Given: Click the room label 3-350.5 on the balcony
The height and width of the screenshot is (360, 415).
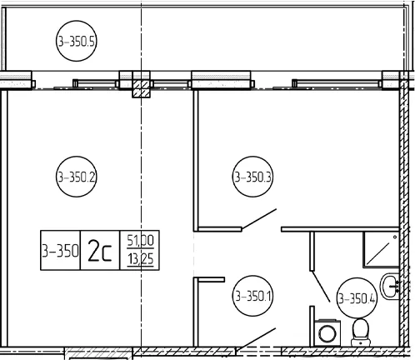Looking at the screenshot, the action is click(77, 41).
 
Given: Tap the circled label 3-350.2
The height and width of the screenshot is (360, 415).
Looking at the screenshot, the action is click(77, 177).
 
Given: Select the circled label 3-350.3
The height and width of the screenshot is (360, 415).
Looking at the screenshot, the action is click(252, 177).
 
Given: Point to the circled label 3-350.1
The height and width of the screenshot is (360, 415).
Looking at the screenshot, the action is click(252, 296).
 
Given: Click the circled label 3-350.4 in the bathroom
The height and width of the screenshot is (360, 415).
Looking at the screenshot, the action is click(357, 298).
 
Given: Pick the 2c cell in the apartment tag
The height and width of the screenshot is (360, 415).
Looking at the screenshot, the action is click(100, 250).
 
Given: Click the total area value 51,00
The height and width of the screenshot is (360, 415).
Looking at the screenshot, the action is click(140, 240).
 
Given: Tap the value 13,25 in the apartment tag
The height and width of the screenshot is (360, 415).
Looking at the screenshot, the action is click(140, 259).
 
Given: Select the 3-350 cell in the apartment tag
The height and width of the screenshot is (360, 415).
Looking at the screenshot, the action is click(60, 250).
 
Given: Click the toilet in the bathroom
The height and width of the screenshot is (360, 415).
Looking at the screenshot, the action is click(361, 332).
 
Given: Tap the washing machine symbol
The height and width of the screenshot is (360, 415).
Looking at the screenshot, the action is click(327, 332).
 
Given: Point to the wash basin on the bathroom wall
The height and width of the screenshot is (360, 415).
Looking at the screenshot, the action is click(390, 286).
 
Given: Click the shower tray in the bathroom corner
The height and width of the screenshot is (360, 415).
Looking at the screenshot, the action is click(381, 249).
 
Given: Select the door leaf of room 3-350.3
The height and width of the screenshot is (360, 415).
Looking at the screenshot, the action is click(259, 219).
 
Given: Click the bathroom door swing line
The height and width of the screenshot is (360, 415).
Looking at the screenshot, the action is click(321, 286).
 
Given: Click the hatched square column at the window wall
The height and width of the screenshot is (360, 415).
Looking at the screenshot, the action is click(141, 88).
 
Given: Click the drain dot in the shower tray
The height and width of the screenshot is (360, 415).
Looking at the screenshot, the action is click(395, 237).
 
